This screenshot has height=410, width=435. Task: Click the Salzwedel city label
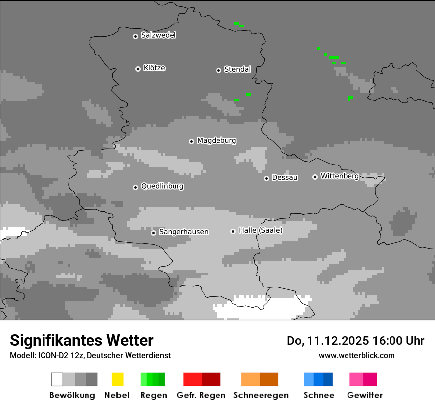click(x=158, y=35)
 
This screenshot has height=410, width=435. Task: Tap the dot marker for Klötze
click(x=138, y=69)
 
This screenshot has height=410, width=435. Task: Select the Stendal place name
click(x=237, y=69)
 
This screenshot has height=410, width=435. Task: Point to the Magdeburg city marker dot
click(x=191, y=141)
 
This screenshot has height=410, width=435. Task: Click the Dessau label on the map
click(x=285, y=177)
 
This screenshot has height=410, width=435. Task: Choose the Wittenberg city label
click(x=340, y=176)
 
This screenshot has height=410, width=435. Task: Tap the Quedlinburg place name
click(x=162, y=186)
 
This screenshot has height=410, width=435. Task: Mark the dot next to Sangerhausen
click(x=153, y=233)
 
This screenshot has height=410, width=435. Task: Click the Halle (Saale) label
click(x=261, y=230)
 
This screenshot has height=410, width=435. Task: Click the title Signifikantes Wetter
click(x=82, y=340)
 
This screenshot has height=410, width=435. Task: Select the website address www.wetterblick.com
click(x=356, y=355)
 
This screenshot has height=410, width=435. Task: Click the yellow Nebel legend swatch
click(x=117, y=379)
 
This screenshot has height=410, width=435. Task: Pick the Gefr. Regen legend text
click(x=201, y=395)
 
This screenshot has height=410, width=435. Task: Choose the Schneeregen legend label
click(x=261, y=395)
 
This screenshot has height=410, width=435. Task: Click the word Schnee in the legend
click(x=319, y=395)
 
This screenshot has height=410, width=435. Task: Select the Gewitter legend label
click(x=365, y=395)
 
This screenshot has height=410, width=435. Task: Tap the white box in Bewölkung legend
click(x=57, y=379)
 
